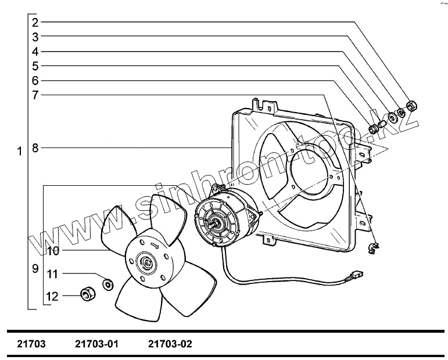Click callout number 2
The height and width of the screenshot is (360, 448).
click(35, 23)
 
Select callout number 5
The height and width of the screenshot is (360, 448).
click(35, 66)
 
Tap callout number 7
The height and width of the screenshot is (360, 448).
click(35, 95)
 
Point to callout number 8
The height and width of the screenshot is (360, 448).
click(35, 148)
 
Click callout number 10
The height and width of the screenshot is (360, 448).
click(53, 251)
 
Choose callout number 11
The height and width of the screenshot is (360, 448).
click(53, 273)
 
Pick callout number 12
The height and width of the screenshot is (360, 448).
click(53, 296)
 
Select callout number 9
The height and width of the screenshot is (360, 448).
click(35, 269)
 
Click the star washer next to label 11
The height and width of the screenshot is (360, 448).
click(107, 284)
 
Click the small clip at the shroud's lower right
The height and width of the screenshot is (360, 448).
click(374, 248)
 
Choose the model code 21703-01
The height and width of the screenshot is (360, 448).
click(96, 344)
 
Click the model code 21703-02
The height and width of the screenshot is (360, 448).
click(170, 344)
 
